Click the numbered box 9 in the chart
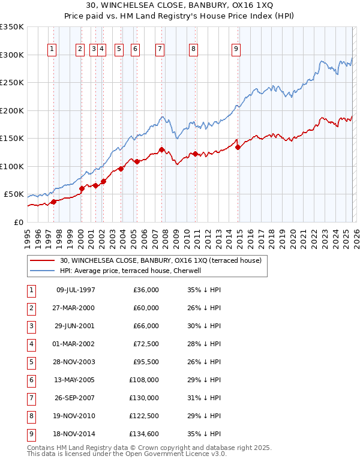pyautogui.click(x=236, y=49)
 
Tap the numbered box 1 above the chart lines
pyautogui.click(x=53, y=49)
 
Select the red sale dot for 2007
pyautogui.click(x=161, y=149)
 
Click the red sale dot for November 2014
pyautogui.click(x=238, y=147)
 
